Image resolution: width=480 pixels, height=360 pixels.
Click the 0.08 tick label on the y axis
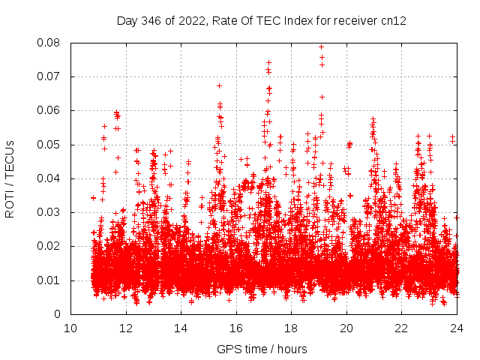[x=49, y=43]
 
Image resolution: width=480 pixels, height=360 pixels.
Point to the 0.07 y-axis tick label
[x=49, y=76]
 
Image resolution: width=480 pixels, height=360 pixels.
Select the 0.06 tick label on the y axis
[x=49, y=110]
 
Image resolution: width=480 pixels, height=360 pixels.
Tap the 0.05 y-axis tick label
[x=49, y=145]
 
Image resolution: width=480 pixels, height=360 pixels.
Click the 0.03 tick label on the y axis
[x=49, y=212]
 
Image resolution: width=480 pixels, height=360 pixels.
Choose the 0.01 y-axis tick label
[x=49, y=280]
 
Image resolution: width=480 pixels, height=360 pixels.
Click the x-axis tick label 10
[x=70, y=328]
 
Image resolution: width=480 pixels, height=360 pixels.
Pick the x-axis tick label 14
[x=181, y=328]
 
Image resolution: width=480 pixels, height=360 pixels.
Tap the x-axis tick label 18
[x=291, y=328]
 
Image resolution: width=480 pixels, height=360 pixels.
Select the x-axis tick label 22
[x=401, y=328]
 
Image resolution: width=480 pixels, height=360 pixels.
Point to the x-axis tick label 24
[x=457, y=328]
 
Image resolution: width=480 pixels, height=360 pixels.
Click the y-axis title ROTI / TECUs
[x=10, y=178]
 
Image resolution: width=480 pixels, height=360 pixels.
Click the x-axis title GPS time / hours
[x=262, y=349]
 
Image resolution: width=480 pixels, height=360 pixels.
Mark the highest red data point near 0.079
[x=322, y=46]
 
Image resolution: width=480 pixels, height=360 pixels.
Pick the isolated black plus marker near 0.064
[x=322, y=97]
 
